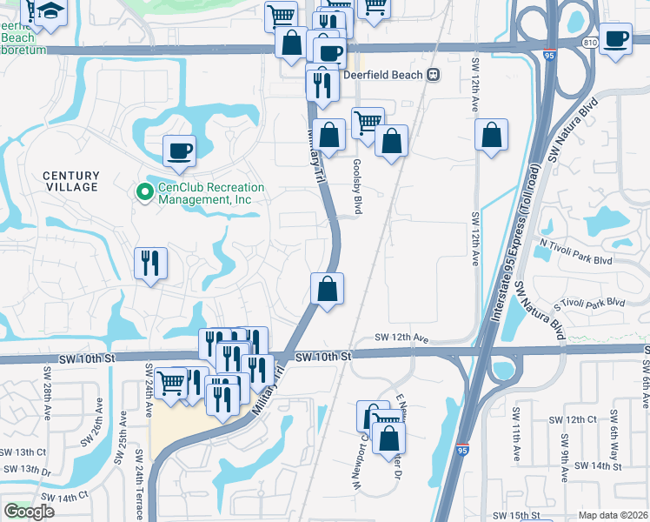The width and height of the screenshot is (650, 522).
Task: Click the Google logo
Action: click(29, 512)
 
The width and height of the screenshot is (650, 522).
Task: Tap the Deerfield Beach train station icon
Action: click(433, 75)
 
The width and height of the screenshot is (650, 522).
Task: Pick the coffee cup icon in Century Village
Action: click(179, 151)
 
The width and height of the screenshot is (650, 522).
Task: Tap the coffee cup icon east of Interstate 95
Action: click(615, 39)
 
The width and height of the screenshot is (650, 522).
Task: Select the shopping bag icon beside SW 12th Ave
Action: click(491, 135)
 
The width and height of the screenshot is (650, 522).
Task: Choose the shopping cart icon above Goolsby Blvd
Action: click(368, 122)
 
